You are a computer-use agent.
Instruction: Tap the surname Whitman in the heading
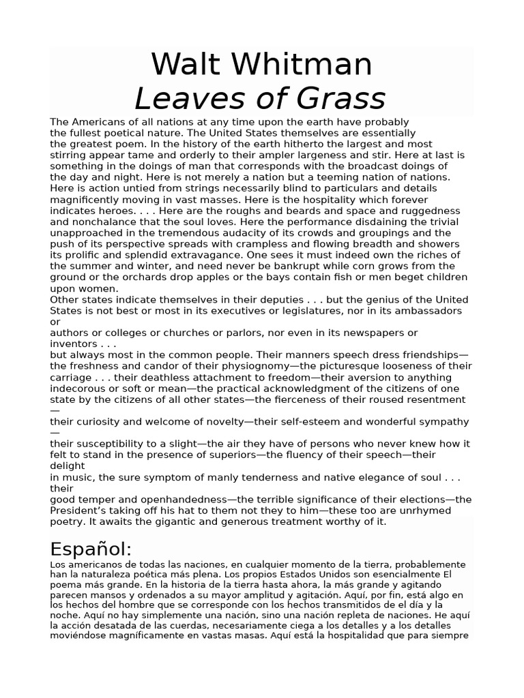tap(302, 65)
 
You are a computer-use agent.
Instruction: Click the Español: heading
tap(91, 549)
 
